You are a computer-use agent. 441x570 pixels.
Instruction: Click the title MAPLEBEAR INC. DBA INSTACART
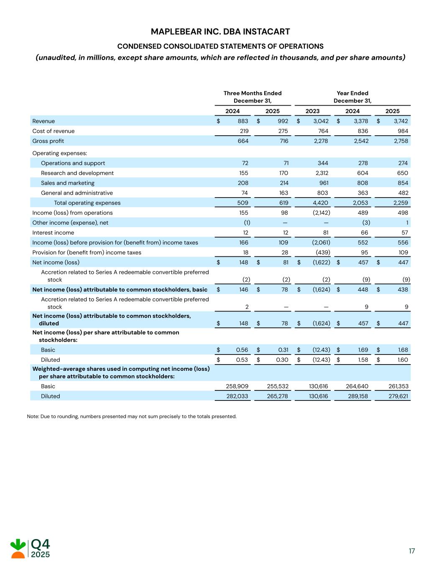click(220, 32)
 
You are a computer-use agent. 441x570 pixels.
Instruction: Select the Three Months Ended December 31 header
click(252, 97)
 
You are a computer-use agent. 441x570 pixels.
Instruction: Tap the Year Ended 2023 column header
click(312, 111)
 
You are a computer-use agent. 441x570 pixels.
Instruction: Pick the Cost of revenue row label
click(54, 131)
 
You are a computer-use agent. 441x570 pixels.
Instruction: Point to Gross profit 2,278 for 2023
click(321, 141)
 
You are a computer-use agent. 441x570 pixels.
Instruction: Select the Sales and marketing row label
click(68, 183)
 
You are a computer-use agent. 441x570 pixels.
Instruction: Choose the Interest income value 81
click(325, 233)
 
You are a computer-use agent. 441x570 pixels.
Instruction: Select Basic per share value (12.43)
click(321, 350)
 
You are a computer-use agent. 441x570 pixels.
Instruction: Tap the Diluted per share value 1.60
click(403, 360)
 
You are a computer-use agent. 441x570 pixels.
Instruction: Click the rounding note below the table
click(132, 416)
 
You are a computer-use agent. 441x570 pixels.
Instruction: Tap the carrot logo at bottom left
click(18, 548)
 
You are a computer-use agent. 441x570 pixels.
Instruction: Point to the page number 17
click(412, 551)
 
